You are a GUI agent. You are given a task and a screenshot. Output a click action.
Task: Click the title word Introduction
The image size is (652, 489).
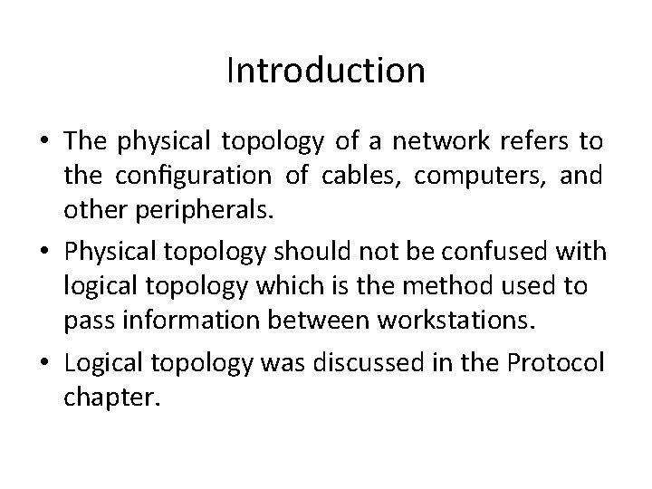325,70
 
